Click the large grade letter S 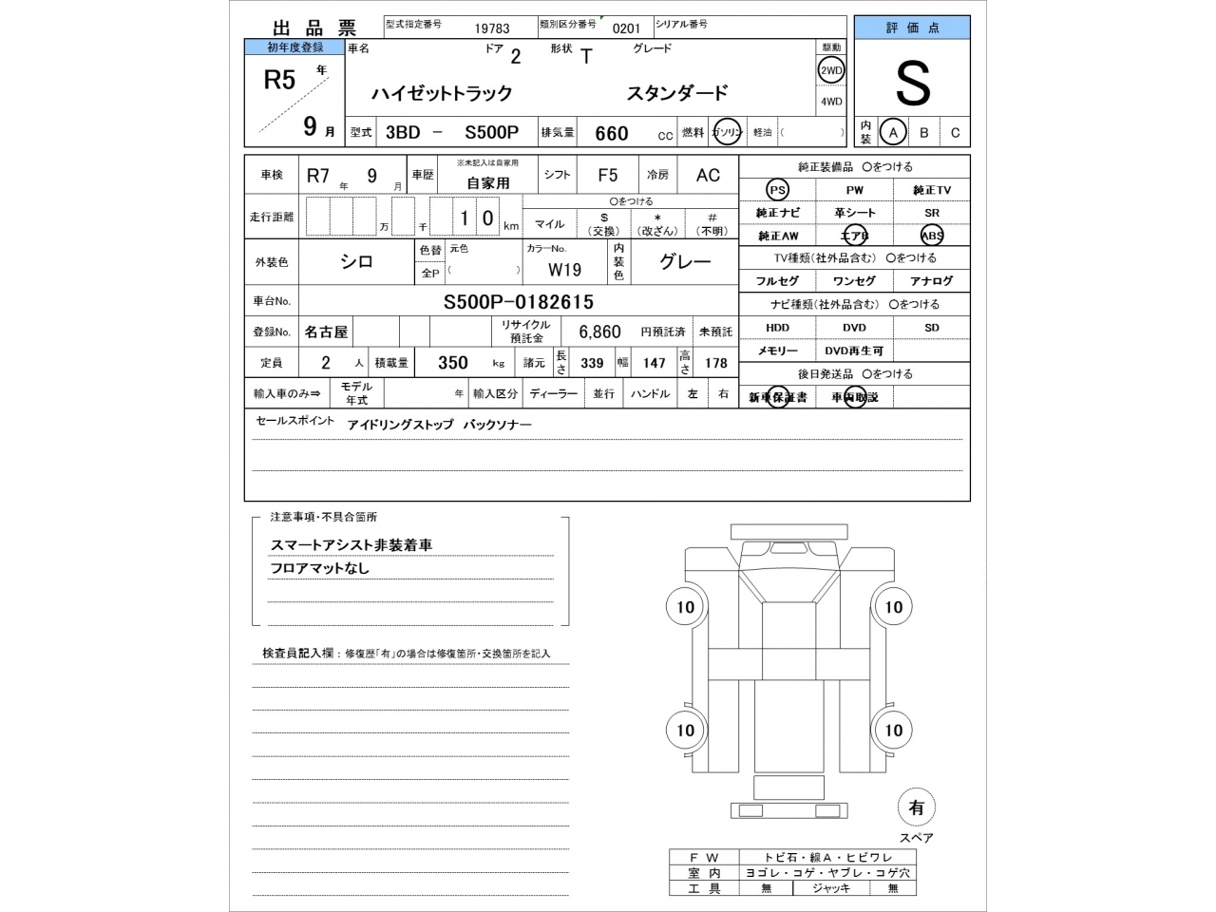(x=912, y=85)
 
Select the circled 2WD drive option (x=831, y=70)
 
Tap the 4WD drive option (x=831, y=102)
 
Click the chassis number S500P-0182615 (x=519, y=302)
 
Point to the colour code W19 (x=564, y=270)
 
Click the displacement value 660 (x=612, y=134)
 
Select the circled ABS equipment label (x=932, y=236)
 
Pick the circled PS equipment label (x=778, y=190)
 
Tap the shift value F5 (x=608, y=175)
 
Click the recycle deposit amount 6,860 (x=599, y=332)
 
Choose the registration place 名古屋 (x=326, y=332)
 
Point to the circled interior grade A (x=893, y=133)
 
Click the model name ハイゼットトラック (x=442, y=93)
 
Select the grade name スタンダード (x=676, y=93)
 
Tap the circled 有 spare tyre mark (x=916, y=807)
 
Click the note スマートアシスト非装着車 (x=351, y=545)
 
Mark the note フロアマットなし (x=319, y=568)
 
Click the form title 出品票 (x=314, y=28)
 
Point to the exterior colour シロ (x=357, y=262)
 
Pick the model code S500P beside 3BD (x=491, y=133)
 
